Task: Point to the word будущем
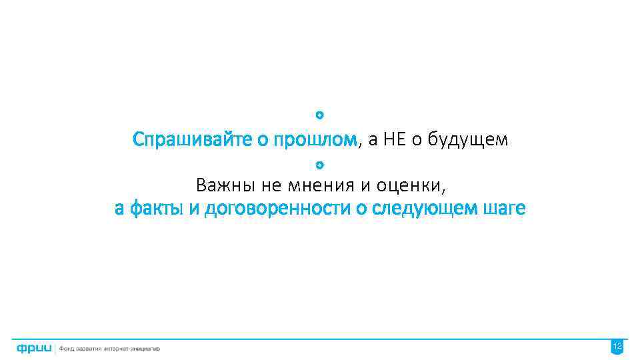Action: click(469, 140)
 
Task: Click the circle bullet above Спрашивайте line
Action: click(319, 116)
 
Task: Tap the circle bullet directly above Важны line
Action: click(319, 163)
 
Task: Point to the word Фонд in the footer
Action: click(67, 348)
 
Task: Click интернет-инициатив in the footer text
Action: click(135, 348)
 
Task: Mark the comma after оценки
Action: click(443, 189)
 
